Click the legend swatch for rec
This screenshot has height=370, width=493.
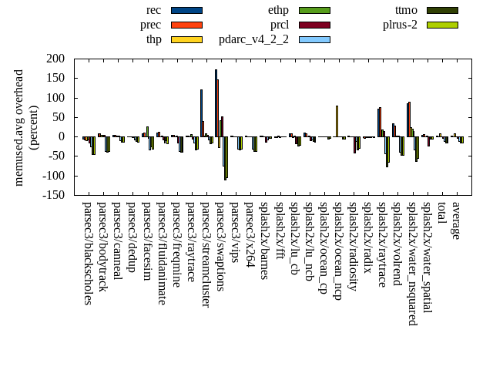[x=186, y=10]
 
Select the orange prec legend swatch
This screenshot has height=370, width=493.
[x=186, y=25]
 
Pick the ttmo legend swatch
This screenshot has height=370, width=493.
[x=442, y=10]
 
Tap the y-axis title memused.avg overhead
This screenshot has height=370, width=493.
[x=19, y=127]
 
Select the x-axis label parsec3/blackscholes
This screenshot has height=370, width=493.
[x=87, y=254]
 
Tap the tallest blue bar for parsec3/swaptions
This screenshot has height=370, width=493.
[x=216, y=103]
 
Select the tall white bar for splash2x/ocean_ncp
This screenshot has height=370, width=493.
[x=337, y=121]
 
